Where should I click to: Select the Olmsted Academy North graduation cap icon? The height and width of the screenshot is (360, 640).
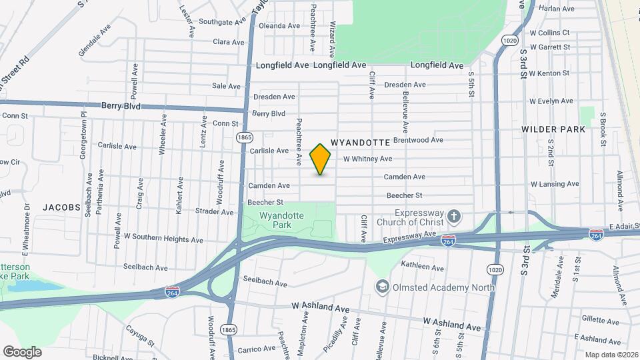[x=383, y=287]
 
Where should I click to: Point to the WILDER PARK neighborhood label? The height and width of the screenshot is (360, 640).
[x=553, y=129]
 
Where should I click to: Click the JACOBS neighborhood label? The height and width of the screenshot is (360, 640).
[x=61, y=207]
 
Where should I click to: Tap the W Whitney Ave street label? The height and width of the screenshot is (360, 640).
[x=367, y=159]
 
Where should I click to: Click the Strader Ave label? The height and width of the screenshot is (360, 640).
[x=214, y=212]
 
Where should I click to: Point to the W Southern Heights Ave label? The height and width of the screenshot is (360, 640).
[x=163, y=239]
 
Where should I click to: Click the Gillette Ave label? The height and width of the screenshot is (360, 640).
[x=598, y=319]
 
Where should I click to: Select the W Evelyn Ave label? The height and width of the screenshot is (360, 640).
[x=551, y=101]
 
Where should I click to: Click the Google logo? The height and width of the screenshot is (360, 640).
[x=22, y=351]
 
